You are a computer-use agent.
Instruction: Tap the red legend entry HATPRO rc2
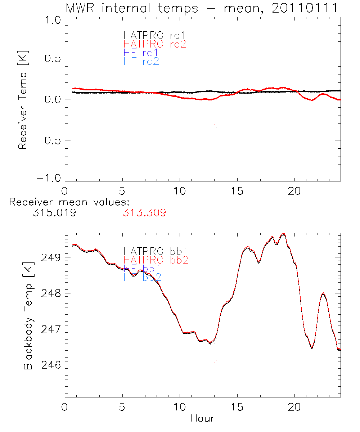pyautogui.click(x=154, y=44)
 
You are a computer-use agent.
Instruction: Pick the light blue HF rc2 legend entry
pyautogui.click(x=141, y=62)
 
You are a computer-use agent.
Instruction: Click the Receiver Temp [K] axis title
pyautogui.click(x=23, y=100)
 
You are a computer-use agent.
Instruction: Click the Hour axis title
pyautogui.click(x=202, y=418)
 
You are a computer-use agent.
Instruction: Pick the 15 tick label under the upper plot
pyautogui.click(x=237, y=191)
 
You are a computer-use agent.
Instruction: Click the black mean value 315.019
pyautogui.click(x=54, y=213)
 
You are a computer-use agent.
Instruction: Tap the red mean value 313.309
pyautogui.click(x=144, y=213)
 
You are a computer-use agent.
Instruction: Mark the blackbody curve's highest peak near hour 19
pyautogui.click(x=283, y=234)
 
